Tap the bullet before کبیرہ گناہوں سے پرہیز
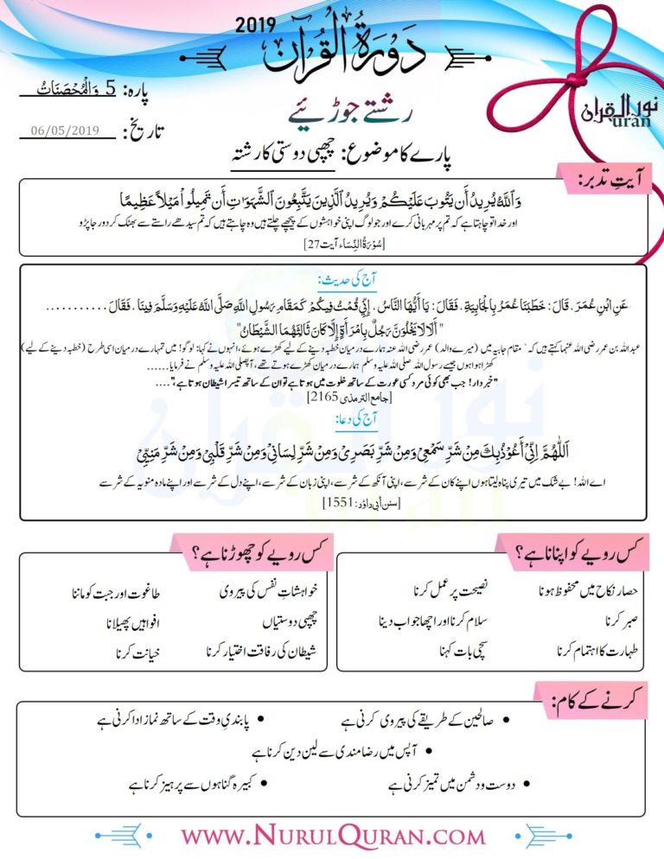pyautogui.click(x=263, y=785)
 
